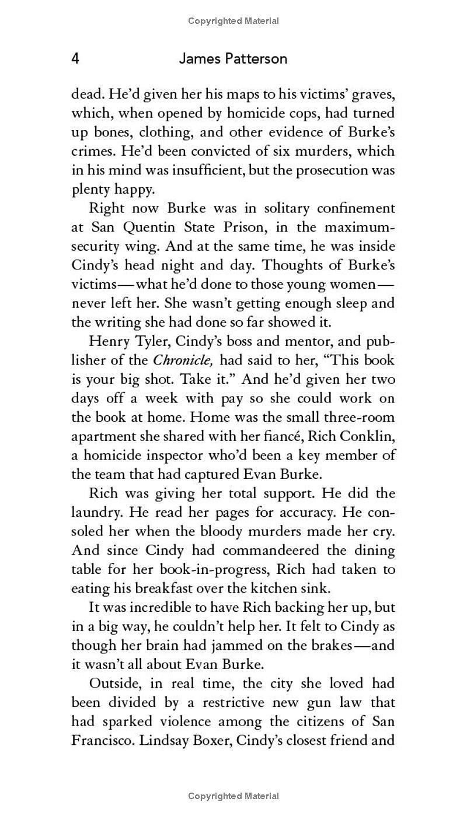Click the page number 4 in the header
click(75, 59)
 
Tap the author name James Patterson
click(233, 59)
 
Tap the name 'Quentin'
click(152, 227)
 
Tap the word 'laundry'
click(96, 512)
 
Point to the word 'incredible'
click(160, 607)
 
